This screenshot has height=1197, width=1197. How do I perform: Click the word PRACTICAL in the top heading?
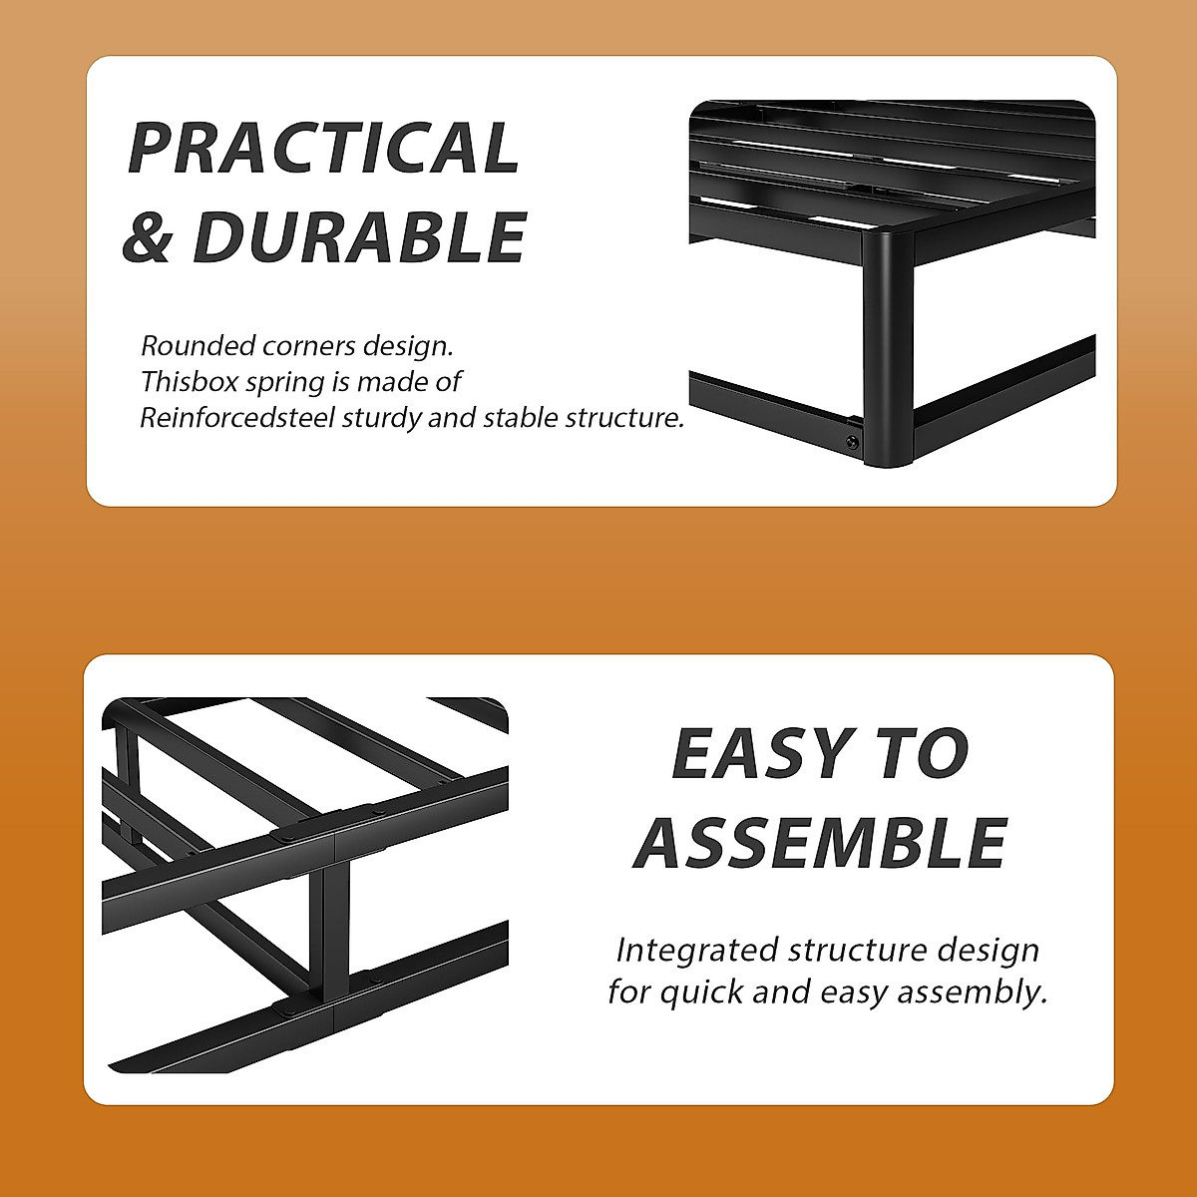[324, 149]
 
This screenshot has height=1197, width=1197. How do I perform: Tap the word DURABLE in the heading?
[359, 237]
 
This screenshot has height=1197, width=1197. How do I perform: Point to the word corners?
[308, 346]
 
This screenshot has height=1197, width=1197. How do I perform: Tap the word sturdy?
[382, 419]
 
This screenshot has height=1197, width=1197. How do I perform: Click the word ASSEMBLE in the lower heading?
[820, 843]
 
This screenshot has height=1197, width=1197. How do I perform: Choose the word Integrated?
[697, 951]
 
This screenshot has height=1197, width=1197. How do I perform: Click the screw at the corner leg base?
[852, 441]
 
